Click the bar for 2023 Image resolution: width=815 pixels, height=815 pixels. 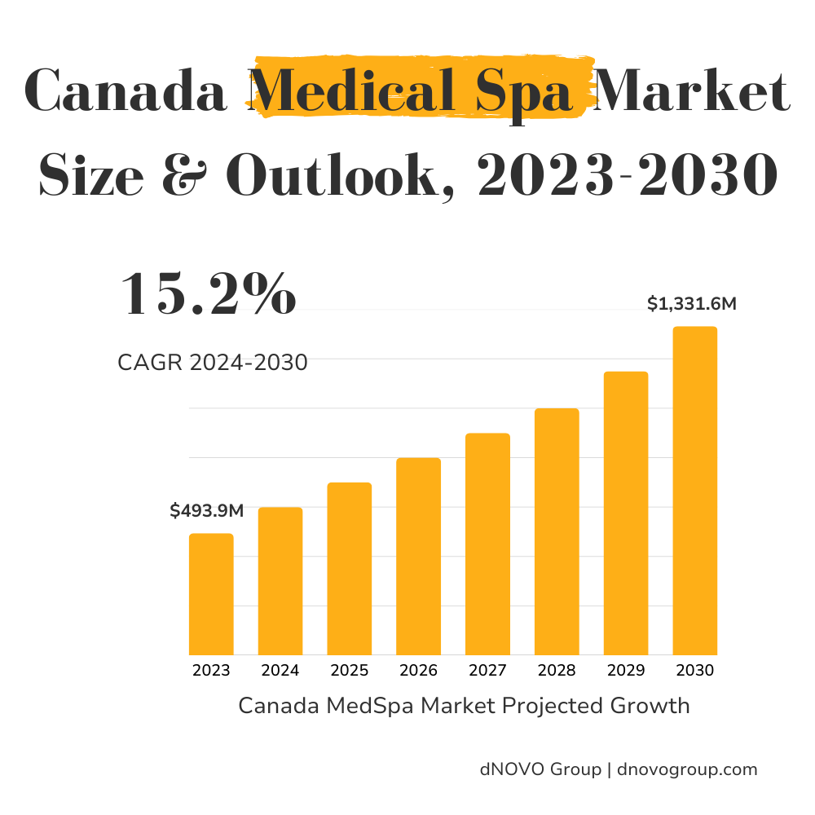coord(211,594)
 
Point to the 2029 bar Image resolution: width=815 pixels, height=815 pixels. coord(626,513)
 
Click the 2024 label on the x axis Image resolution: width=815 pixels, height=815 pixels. coord(280,671)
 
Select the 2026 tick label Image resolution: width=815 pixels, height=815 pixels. coord(418,671)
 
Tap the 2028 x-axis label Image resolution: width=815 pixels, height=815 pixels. coord(557,671)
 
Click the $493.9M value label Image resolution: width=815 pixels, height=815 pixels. coord(207,511)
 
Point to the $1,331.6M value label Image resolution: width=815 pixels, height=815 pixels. coord(692,305)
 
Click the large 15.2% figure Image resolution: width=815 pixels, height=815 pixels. coord(209,295)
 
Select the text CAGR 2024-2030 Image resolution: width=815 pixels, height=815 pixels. coord(213,363)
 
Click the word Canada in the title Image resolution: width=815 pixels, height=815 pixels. coord(127,91)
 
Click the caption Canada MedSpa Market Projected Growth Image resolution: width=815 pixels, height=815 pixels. coord(464,706)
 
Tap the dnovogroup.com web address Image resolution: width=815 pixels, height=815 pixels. coord(688,769)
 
